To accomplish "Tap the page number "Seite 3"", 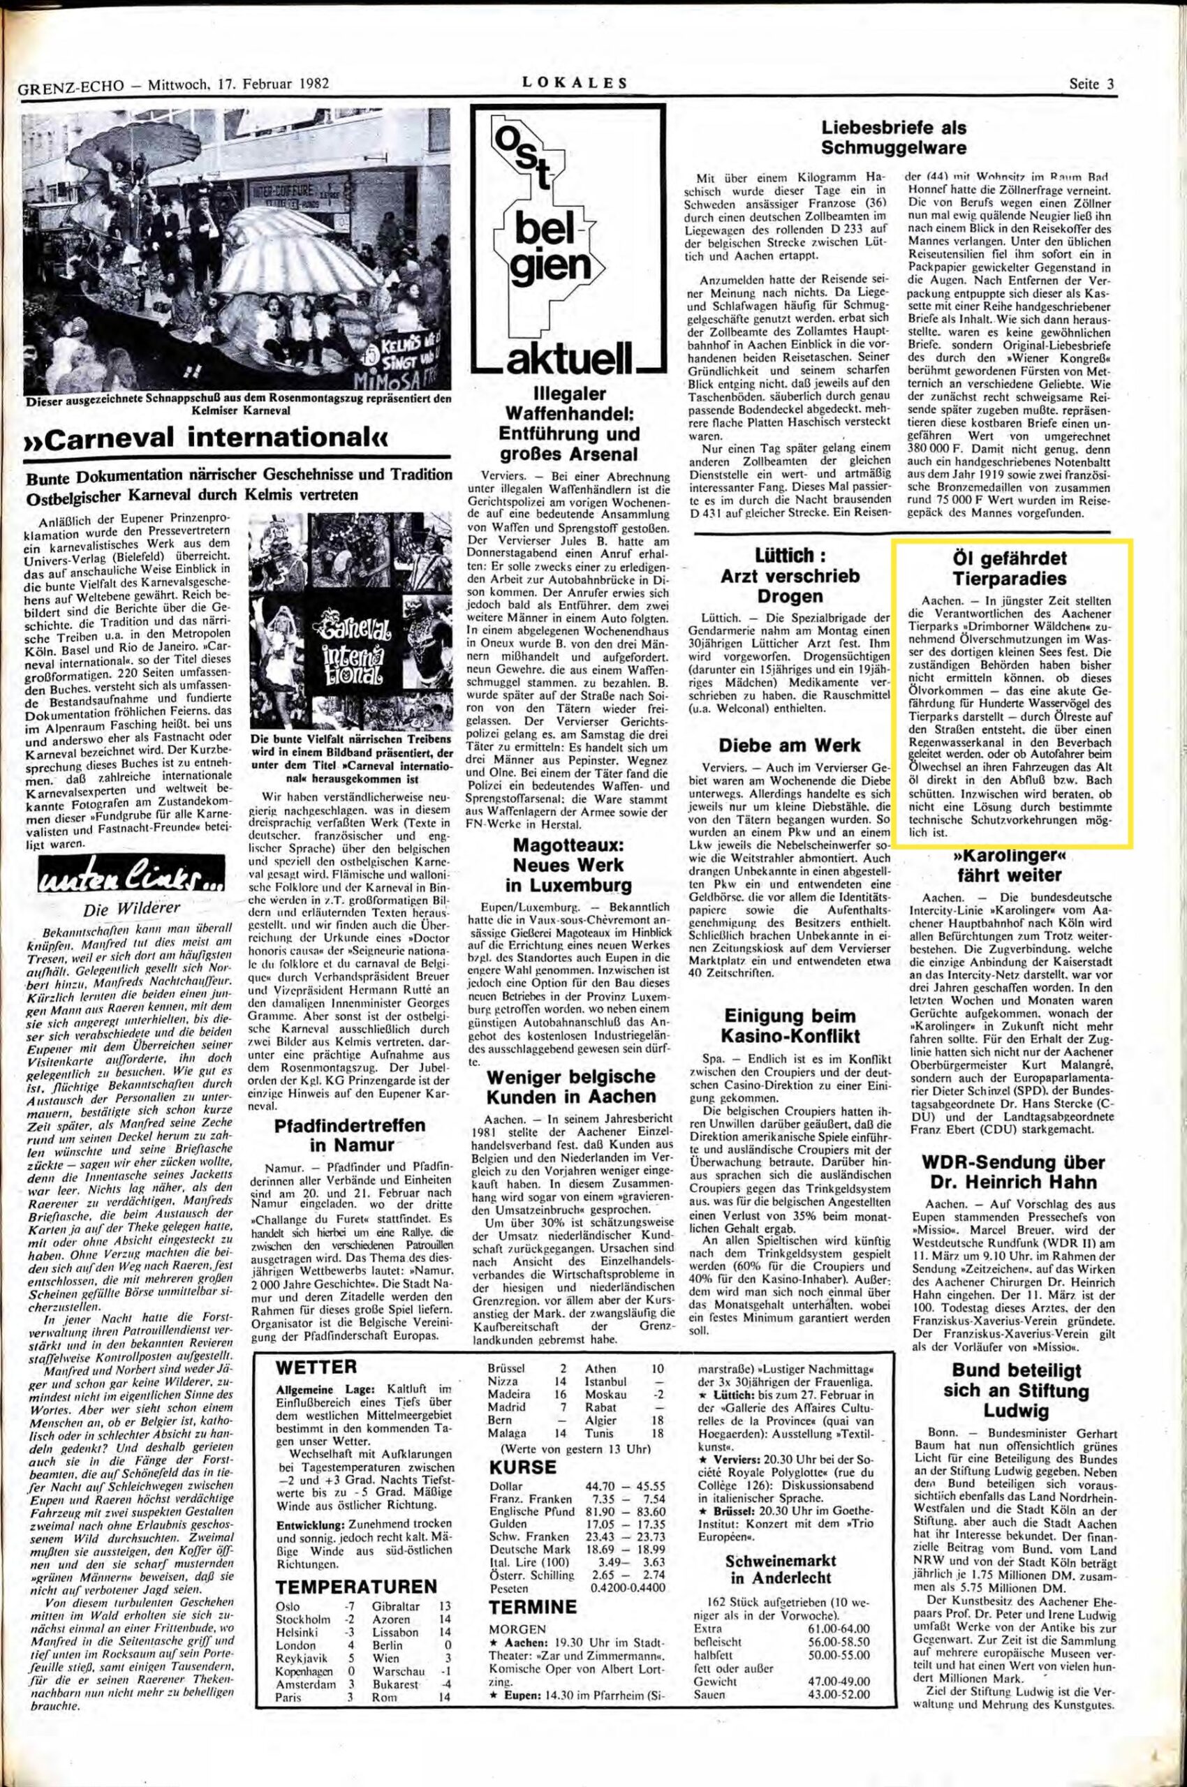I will (x=1091, y=84).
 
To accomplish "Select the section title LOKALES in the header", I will (x=575, y=84).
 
